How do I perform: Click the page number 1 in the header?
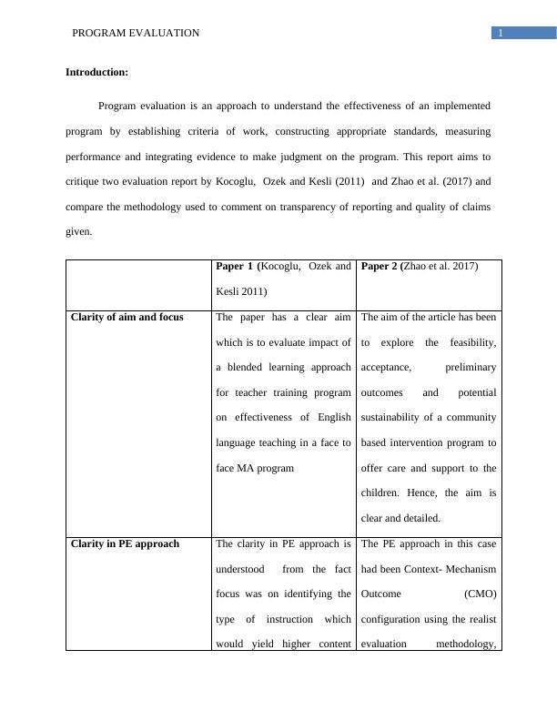[500, 34]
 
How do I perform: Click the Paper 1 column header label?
[236, 267]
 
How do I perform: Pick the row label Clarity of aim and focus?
[127, 318]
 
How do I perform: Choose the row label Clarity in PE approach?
[125, 544]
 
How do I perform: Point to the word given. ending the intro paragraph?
[79, 232]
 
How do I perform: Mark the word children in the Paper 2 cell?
[384, 493]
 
